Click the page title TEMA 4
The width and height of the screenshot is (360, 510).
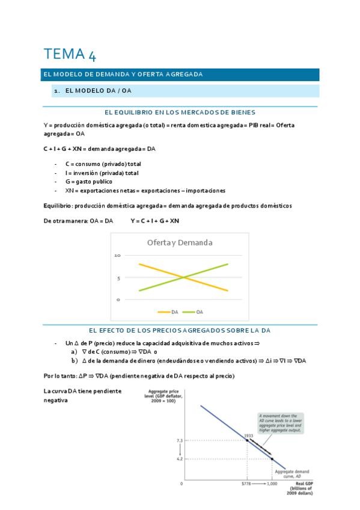[x=69, y=55]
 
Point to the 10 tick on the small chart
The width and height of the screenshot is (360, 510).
[x=118, y=256]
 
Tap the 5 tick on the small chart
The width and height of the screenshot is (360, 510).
[x=118, y=278]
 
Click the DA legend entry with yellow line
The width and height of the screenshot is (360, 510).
[x=168, y=312]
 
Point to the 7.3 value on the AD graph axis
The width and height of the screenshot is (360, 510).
[x=180, y=441]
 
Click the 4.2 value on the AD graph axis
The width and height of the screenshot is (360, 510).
[x=180, y=459]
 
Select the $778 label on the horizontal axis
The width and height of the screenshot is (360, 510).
[x=246, y=484]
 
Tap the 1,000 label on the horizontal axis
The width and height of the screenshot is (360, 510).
[x=272, y=484]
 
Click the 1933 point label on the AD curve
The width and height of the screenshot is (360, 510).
[x=248, y=435]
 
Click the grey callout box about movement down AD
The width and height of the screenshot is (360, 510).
[x=280, y=423]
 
